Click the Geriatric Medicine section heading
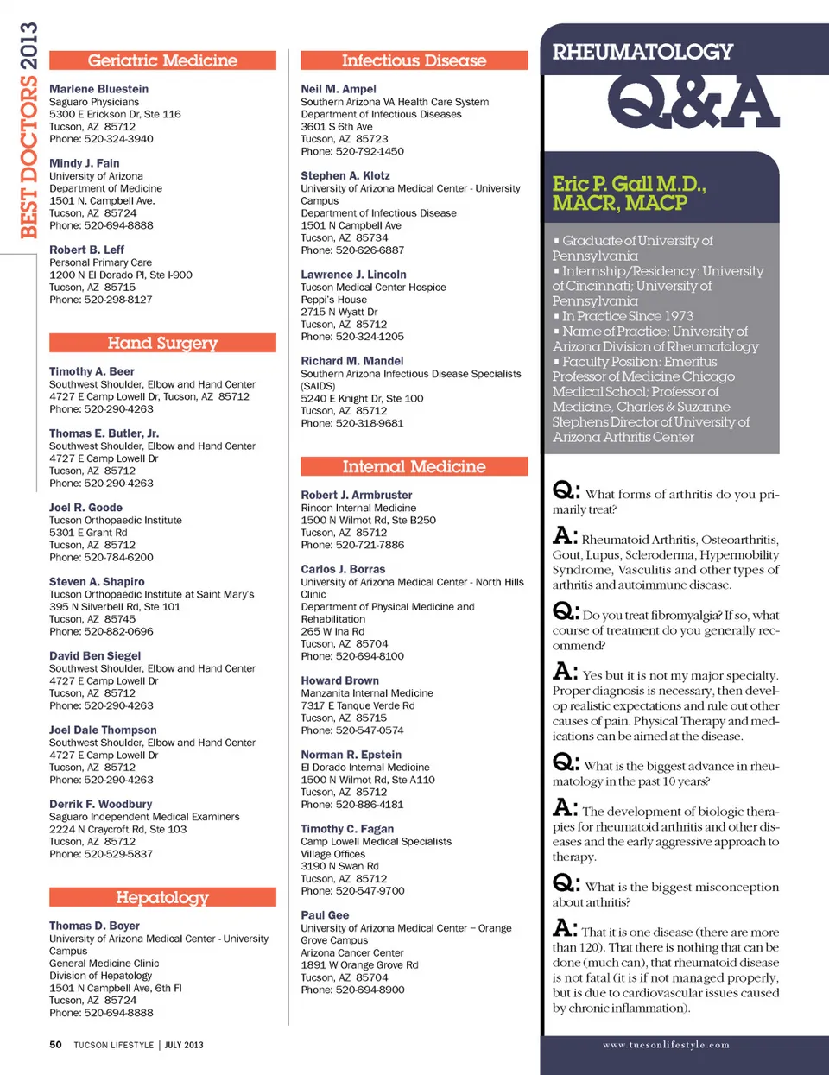click(162, 60)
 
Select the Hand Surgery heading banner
click(162, 343)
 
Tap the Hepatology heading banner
click(162, 897)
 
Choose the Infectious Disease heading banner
click(414, 60)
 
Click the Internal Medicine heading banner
click(414, 466)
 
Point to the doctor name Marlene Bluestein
click(98, 89)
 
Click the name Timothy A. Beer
click(92, 371)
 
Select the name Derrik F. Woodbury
click(100, 804)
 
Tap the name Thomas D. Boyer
click(94, 926)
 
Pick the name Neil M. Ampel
click(339, 89)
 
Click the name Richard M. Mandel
click(351, 361)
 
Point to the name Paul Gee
click(325, 915)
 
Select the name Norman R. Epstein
click(351, 755)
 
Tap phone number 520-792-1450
click(370, 151)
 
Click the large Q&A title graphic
click(693, 101)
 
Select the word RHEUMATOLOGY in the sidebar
click(642, 52)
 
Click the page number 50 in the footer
click(55, 1045)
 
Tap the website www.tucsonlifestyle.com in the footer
click(666, 1045)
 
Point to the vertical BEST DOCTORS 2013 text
click(28, 130)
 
